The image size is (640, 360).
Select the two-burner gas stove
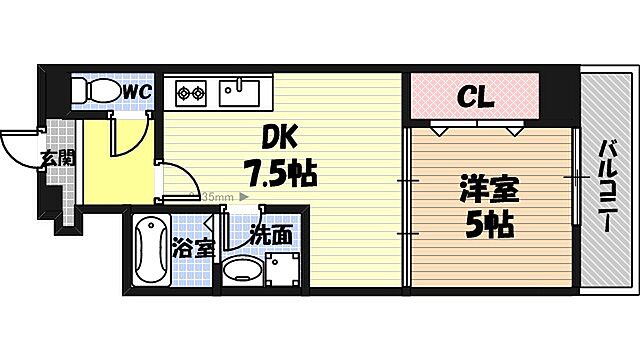tap(190, 95)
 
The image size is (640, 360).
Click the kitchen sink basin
tap(240, 93)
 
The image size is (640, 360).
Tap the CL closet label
tap(475, 97)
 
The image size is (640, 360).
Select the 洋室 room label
tap(487, 188)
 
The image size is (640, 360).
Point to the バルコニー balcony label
tap(607, 184)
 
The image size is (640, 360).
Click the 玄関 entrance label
tap(57, 156)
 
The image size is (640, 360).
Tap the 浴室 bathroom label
tap(193, 247)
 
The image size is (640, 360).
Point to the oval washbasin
tap(240, 270)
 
